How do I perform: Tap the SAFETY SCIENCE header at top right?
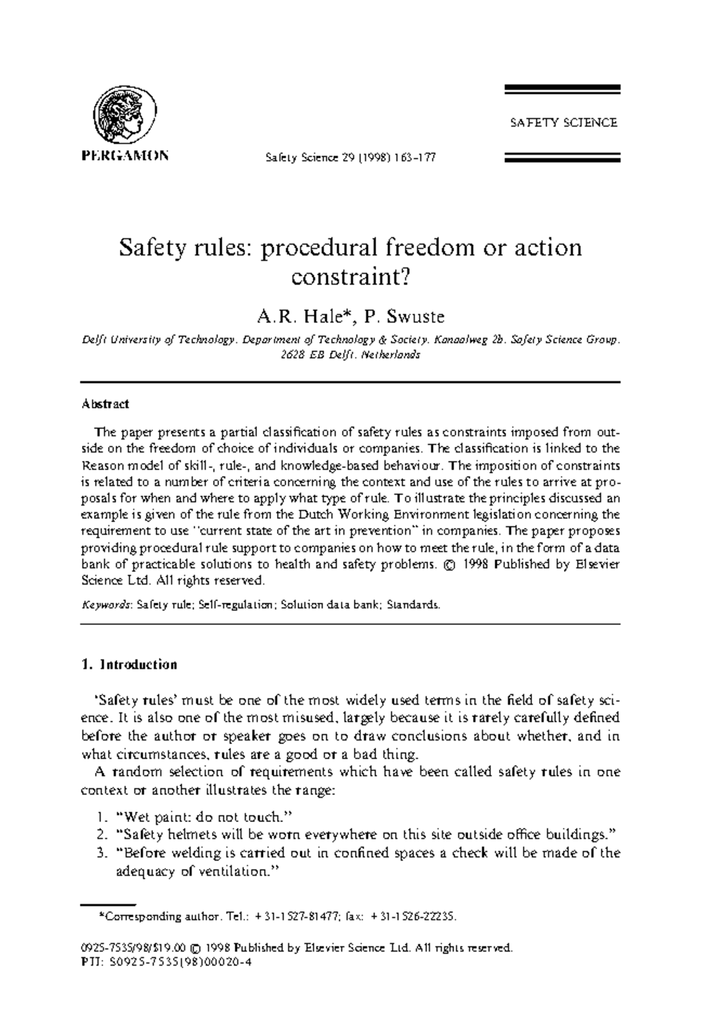(x=563, y=123)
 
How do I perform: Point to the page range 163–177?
(x=415, y=158)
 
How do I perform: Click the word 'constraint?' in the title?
(x=350, y=276)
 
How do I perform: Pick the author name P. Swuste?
(x=404, y=317)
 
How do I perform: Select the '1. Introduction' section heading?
(x=129, y=664)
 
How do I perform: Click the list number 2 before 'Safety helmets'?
(x=102, y=834)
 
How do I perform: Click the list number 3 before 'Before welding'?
(x=102, y=853)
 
